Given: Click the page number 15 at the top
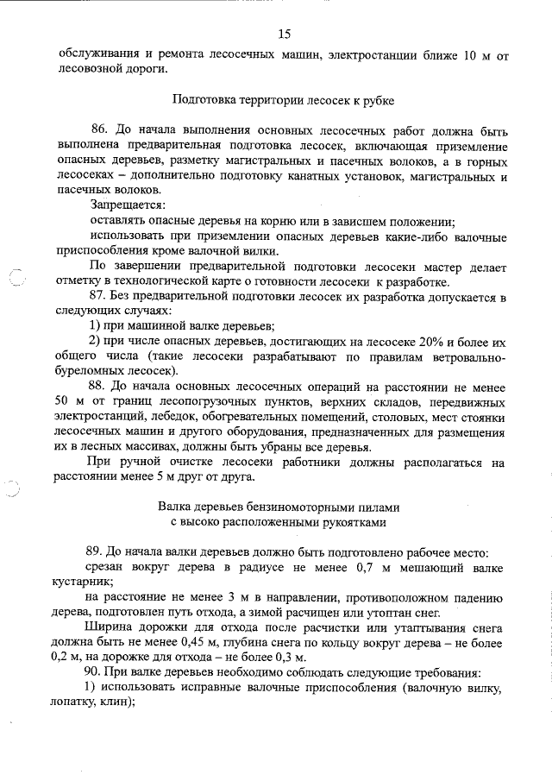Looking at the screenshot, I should (285, 35).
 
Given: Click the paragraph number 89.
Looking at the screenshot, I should (96, 550).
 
